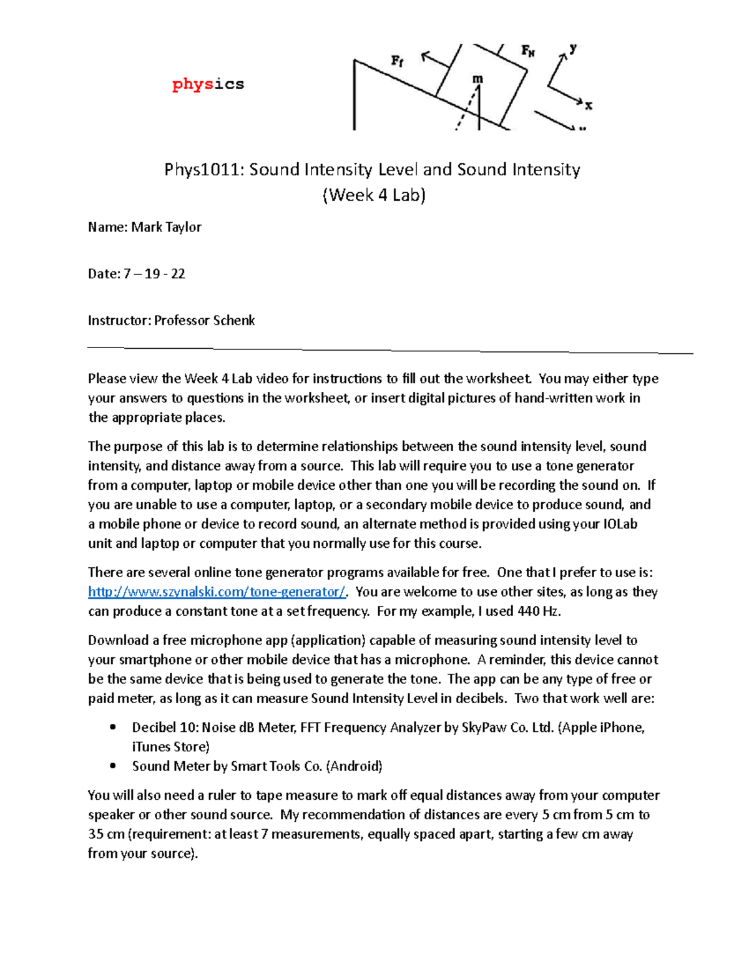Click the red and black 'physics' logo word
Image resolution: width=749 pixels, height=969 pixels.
(208, 84)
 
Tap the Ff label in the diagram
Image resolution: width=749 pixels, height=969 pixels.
(397, 61)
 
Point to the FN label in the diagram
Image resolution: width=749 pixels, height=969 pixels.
(528, 51)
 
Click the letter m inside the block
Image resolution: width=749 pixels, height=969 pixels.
(477, 79)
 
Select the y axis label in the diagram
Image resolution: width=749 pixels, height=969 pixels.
(573, 48)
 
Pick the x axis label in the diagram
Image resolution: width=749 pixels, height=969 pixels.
(588, 105)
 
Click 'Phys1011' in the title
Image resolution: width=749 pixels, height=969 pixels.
(204, 170)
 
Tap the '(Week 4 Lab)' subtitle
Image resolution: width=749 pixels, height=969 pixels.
(374, 195)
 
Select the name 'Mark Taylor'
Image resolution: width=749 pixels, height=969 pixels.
(166, 227)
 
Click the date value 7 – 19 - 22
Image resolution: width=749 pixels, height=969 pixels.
(154, 274)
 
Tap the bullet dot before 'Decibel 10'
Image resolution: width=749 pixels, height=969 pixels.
(113, 727)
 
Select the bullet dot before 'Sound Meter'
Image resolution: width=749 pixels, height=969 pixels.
(113, 766)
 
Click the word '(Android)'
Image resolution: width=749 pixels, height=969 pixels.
(354, 766)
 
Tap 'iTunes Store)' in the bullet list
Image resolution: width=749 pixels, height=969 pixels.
(170, 747)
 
